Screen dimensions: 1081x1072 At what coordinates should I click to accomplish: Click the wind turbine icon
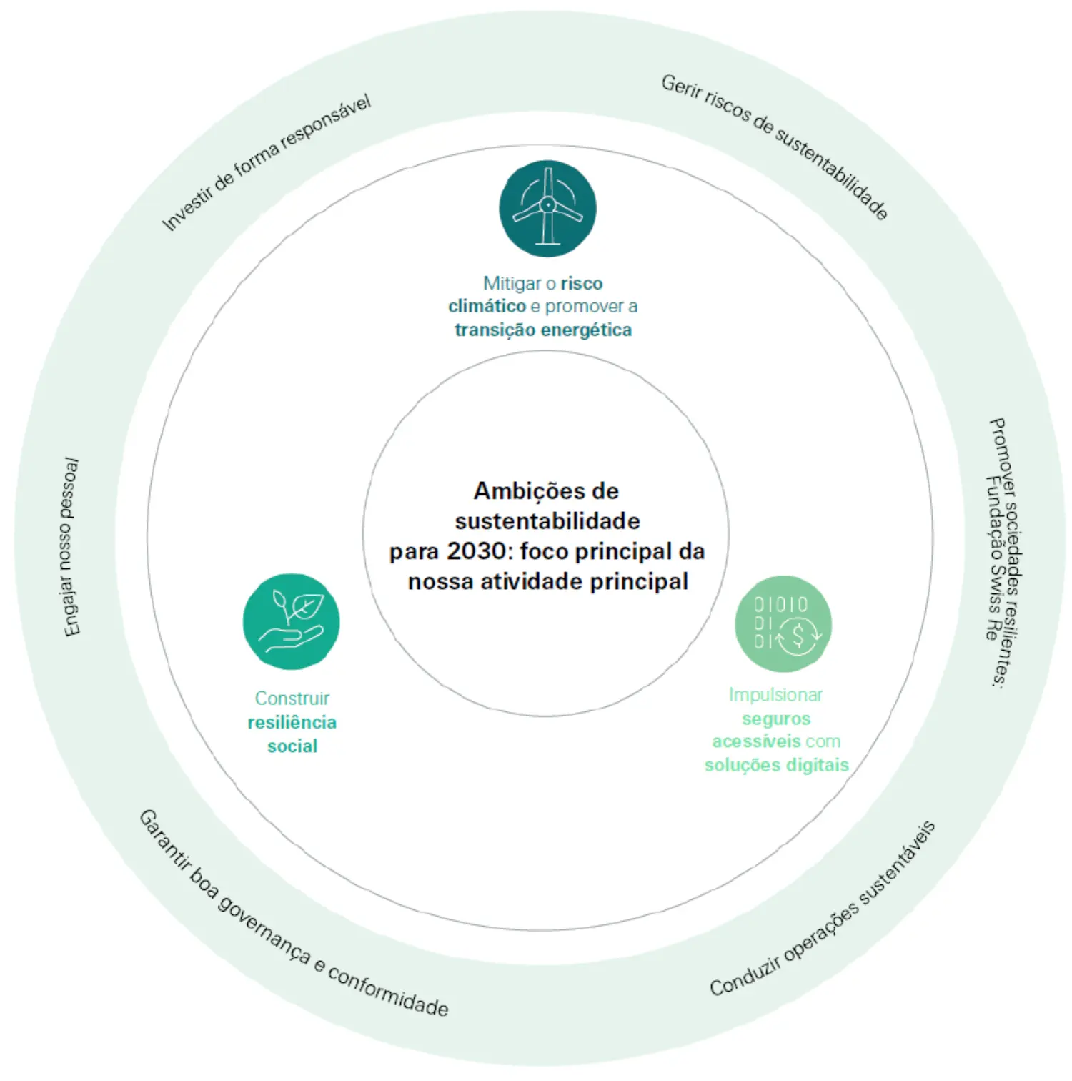547,208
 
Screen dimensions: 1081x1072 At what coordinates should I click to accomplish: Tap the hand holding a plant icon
291,621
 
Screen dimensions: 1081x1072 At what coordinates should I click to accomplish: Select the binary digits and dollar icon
783,623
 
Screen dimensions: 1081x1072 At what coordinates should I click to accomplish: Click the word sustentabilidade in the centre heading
547,521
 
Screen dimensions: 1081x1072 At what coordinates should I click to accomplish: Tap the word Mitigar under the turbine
512,283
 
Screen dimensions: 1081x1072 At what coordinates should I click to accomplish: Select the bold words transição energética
543,330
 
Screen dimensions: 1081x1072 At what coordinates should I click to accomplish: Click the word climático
487,306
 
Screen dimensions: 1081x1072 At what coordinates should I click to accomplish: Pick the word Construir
292,698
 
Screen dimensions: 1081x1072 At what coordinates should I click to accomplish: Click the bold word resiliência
292,722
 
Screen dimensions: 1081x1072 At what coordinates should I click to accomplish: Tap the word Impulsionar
775,694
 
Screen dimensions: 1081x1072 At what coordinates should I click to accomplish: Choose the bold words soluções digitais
777,765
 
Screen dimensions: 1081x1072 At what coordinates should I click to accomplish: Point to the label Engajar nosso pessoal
70,548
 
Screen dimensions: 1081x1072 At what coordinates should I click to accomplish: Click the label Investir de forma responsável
266,163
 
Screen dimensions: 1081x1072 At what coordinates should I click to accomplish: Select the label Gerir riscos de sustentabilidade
775,146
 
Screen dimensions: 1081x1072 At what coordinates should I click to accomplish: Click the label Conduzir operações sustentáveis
823,909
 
